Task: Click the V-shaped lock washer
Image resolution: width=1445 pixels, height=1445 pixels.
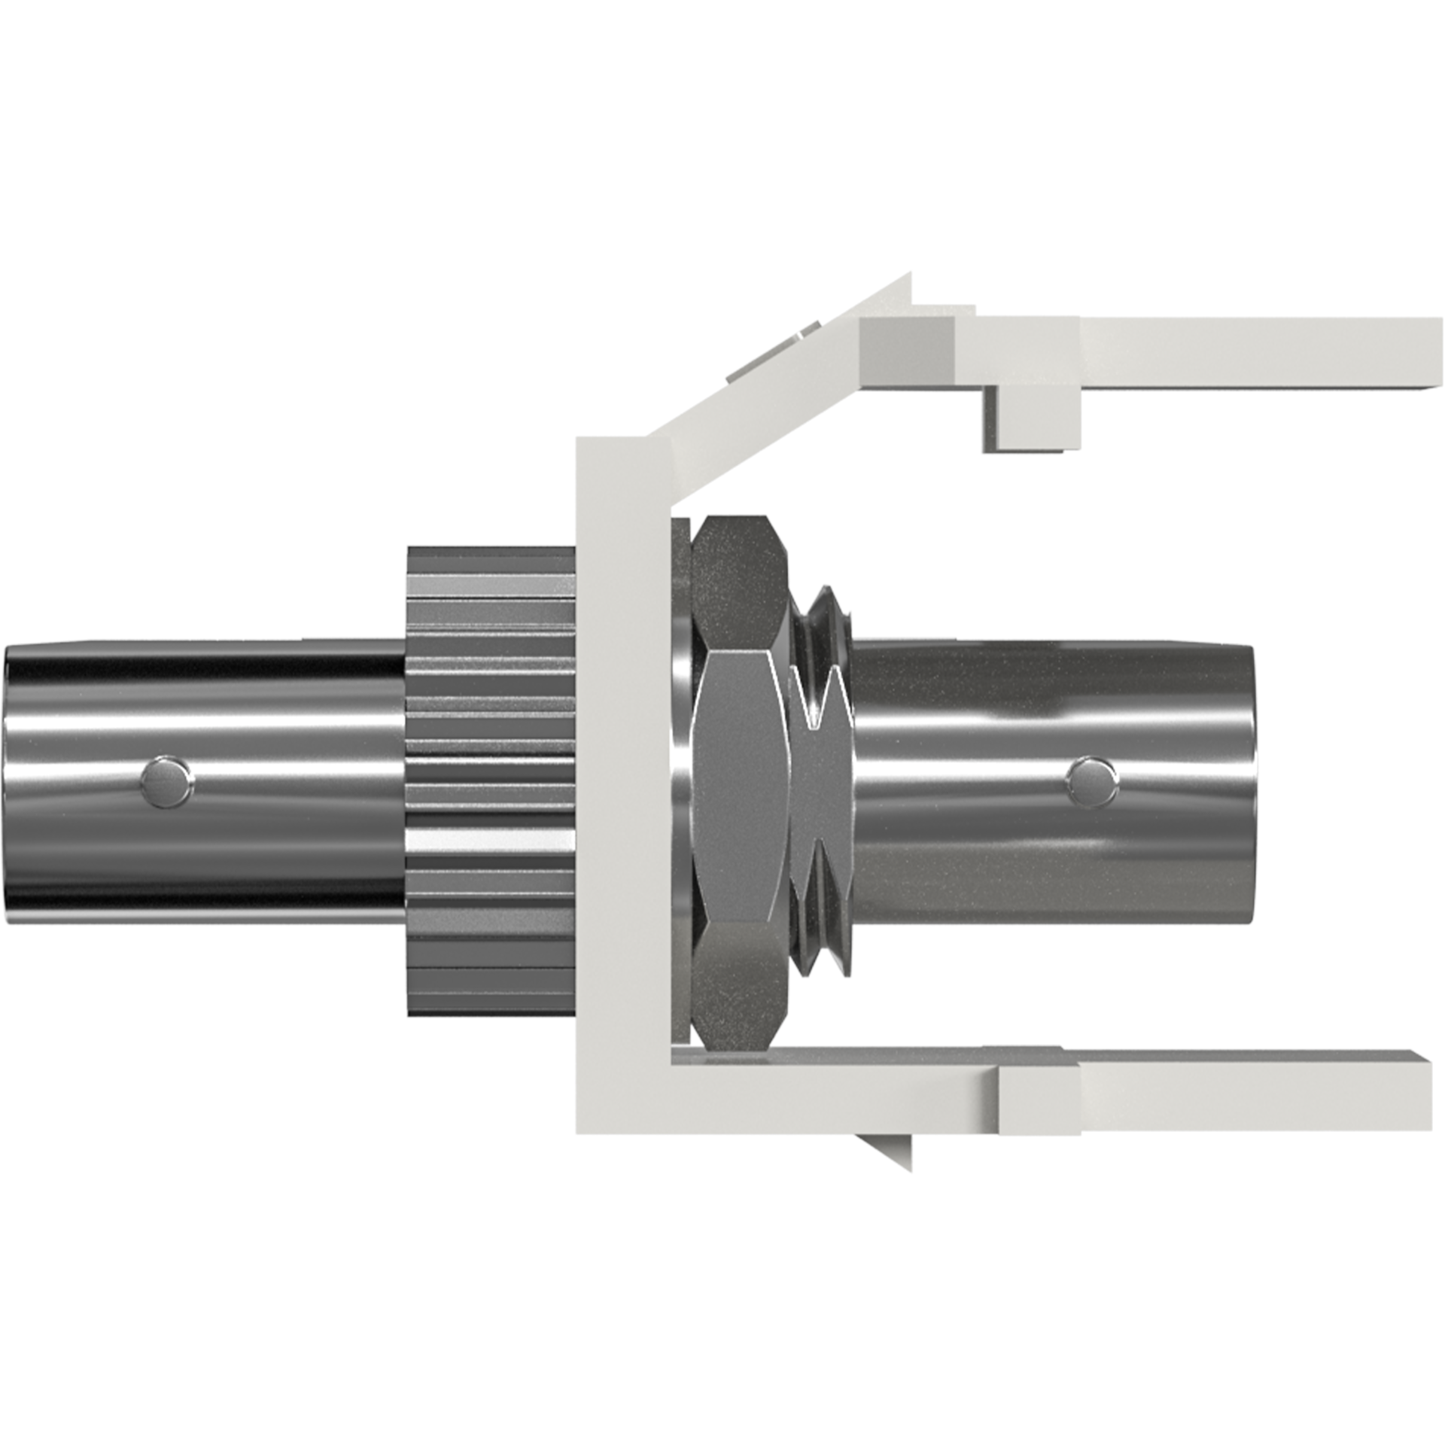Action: tap(820, 783)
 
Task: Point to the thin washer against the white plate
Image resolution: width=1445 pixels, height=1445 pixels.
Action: tap(680, 783)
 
